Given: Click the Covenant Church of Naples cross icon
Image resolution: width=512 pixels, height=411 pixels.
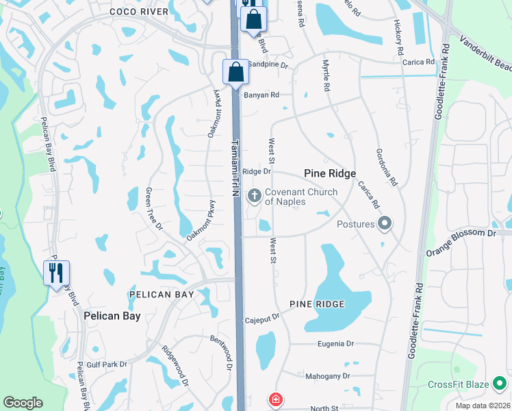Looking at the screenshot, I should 255,197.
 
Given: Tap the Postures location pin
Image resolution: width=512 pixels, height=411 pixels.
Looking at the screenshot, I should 385,223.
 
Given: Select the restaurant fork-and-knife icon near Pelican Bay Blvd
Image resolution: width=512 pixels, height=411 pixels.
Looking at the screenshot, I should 56,272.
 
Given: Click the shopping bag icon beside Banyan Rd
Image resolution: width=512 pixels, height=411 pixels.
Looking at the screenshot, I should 235,72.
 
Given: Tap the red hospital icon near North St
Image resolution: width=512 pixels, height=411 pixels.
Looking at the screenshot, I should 275,399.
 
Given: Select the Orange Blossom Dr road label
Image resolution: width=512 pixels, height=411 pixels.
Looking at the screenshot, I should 461,234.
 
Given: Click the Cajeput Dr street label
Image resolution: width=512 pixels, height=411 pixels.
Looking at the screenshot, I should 263,319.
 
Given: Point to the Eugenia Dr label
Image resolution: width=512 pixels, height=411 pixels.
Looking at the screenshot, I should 335,344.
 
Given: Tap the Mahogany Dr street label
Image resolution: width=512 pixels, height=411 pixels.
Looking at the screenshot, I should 327,376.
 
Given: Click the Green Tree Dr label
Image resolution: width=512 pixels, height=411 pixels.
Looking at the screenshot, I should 154,210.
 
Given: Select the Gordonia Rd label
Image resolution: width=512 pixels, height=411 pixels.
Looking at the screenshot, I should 387,168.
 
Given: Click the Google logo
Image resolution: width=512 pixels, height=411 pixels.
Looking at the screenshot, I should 23,403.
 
